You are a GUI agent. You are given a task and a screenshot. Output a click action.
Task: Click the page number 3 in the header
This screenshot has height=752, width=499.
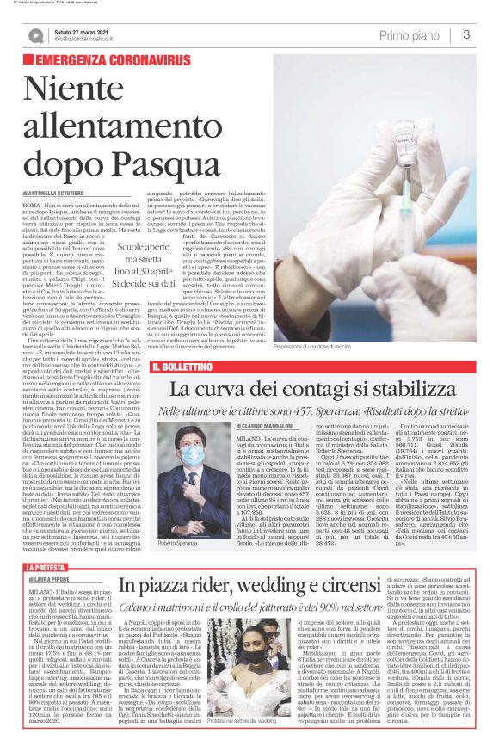(465, 35)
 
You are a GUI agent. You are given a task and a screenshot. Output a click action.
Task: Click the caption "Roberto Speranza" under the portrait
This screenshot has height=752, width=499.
(177, 544)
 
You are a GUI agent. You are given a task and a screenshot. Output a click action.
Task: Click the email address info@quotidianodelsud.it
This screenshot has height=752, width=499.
(89, 40)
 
